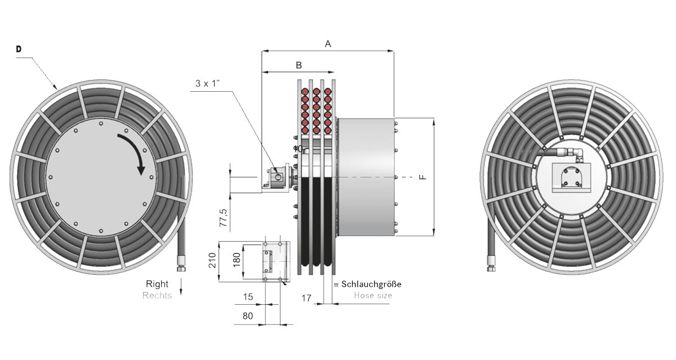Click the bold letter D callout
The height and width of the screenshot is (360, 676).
[19, 49]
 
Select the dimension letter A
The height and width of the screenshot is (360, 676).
[328, 44]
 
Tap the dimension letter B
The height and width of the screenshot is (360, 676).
[299, 65]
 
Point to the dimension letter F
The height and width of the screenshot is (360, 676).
[423, 177]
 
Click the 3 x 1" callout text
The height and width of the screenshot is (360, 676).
[207, 83]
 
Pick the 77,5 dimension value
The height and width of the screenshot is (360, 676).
[224, 217]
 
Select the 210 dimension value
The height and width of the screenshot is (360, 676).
[212, 260]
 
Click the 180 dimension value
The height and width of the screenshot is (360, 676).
[237, 260]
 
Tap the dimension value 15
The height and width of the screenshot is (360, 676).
[248, 297]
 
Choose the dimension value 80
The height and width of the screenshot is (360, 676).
[248, 316]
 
